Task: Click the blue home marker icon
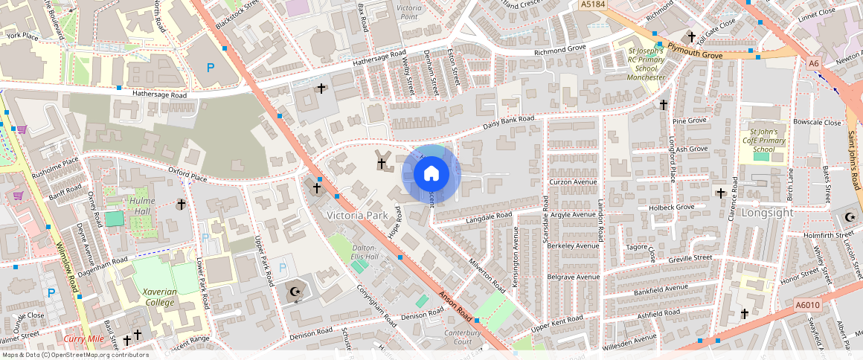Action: coord(431,174)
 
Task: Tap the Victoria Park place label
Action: coord(358,215)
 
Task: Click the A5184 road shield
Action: coord(591,4)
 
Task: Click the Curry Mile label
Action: coord(83,339)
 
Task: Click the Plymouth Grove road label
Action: coord(695,48)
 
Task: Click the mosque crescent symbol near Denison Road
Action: coord(295,292)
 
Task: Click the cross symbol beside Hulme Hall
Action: coord(180,204)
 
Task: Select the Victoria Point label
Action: coord(409,11)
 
